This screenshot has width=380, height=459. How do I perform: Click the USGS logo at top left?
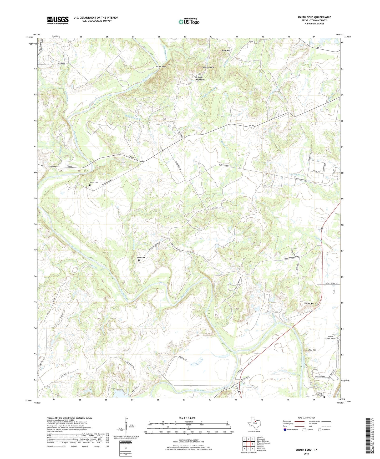coord(58,20)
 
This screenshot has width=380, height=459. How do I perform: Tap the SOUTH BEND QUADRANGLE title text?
coord(314,17)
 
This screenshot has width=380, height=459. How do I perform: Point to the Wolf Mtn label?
coord(226,50)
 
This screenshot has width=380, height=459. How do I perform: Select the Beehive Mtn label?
coord(208,68)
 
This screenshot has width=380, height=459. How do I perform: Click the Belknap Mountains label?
coord(200,78)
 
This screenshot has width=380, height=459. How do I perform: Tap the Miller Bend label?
coord(161,67)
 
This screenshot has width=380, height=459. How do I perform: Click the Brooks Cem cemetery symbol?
coord(89,185)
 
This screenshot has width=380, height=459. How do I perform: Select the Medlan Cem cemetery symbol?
coord(139,261)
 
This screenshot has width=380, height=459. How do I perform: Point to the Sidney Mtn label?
coord(309,303)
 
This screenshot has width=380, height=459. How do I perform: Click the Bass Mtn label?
coord(312,350)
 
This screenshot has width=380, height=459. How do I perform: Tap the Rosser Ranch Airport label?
coord(331,338)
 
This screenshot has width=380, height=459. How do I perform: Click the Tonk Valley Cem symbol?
coord(324,397)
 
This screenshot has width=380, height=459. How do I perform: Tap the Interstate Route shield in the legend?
coord(285,430)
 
